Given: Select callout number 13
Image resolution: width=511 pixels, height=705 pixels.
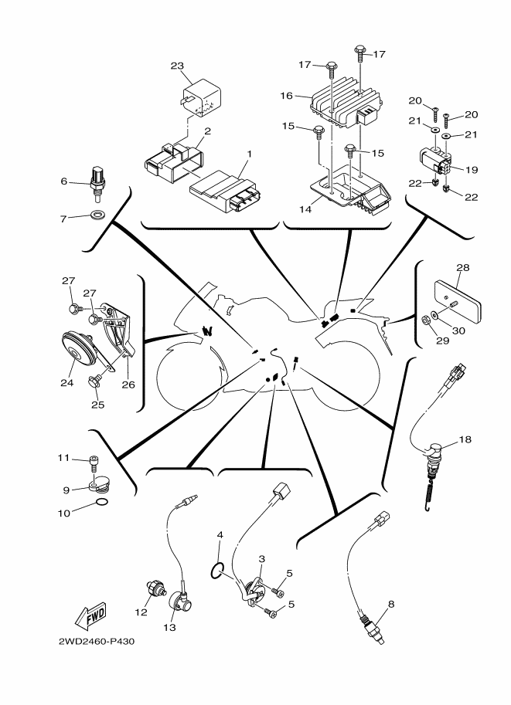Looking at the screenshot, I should pos(169,627).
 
